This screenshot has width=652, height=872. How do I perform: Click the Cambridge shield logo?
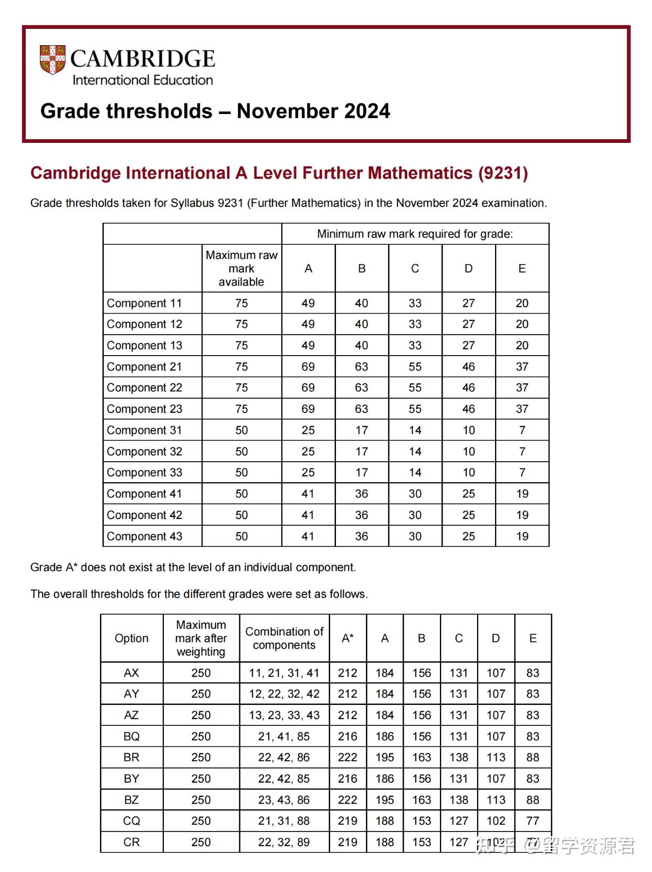(52, 59)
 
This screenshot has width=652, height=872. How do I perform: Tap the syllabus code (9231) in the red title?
(502, 173)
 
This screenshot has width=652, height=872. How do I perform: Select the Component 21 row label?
(144, 367)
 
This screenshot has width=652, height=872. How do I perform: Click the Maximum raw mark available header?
(241, 268)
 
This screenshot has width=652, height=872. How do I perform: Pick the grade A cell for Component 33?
(308, 472)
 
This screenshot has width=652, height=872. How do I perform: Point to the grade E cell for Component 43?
(522, 536)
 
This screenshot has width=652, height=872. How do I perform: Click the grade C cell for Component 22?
(415, 388)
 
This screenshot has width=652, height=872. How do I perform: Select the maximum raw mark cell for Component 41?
(241, 494)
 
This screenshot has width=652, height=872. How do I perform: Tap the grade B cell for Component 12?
(361, 324)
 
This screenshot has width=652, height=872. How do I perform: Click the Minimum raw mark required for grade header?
(415, 234)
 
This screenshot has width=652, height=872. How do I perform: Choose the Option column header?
(131, 638)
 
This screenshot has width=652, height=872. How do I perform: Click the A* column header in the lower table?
(348, 638)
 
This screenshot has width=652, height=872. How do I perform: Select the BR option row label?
(131, 757)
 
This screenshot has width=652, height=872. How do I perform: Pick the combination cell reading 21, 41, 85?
(283, 736)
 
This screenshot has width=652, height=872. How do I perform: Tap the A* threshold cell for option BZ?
(348, 800)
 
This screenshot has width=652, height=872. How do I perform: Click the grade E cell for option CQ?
(532, 821)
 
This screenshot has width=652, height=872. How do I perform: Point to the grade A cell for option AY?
(384, 694)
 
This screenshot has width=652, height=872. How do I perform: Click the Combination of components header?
(284, 638)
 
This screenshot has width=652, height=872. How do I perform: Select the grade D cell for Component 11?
(468, 303)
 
